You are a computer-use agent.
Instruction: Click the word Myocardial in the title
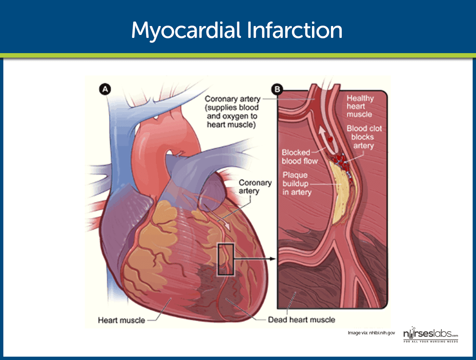186,30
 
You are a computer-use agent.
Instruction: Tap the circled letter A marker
105,89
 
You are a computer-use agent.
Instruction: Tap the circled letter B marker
277,89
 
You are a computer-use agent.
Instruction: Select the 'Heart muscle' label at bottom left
122,320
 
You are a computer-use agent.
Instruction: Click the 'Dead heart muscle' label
302,320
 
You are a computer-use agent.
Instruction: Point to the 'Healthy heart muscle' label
360,106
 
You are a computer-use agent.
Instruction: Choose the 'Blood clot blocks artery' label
364,137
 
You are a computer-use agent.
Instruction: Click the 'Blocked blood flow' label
299,157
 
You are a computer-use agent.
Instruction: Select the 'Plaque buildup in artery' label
297,184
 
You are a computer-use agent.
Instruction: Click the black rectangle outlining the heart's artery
219,259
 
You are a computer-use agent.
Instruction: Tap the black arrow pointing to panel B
255,259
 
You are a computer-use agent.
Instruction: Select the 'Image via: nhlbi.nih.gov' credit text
371,333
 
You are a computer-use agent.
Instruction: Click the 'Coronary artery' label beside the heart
255,187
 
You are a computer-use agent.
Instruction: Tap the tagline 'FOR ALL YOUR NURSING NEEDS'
431,341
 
